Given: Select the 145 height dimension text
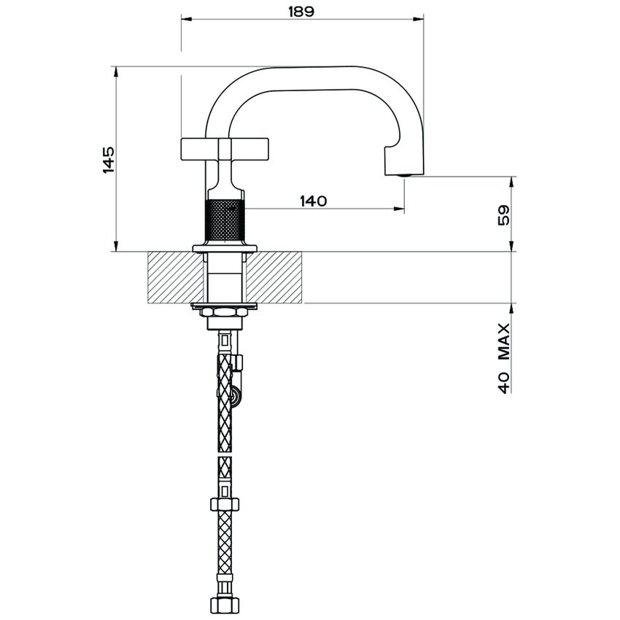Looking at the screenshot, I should click(x=107, y=159).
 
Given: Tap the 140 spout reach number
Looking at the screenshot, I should click(x=312, y=201).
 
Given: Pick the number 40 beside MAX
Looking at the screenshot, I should click(x=503, y=381).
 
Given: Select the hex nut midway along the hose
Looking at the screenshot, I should click(x=225, y=503).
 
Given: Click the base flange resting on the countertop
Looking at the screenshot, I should click(x=225, y=249).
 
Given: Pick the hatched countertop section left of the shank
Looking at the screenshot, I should click(x=175, y=277).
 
